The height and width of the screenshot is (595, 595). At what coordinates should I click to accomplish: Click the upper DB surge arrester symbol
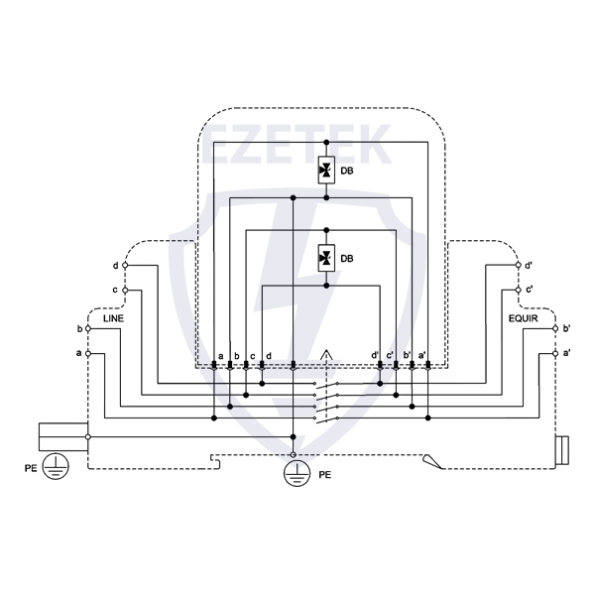point(325,171)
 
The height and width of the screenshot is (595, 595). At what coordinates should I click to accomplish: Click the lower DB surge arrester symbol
point(325,258)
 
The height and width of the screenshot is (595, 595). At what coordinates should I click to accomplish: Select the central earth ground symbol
point(294,474)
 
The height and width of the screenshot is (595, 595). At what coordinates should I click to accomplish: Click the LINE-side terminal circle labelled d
point(125,266)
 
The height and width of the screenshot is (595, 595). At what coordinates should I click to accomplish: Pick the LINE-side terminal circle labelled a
point(88,353)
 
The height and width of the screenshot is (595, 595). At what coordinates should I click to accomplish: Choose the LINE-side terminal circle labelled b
point(88,328)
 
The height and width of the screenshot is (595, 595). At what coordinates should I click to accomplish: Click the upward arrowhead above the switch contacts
point(327,354)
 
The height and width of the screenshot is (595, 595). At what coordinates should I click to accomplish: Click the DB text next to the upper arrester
point(347,171)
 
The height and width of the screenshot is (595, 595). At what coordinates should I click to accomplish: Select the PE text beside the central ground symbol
point(324,476)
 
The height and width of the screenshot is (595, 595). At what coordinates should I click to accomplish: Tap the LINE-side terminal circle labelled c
point(125,290)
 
